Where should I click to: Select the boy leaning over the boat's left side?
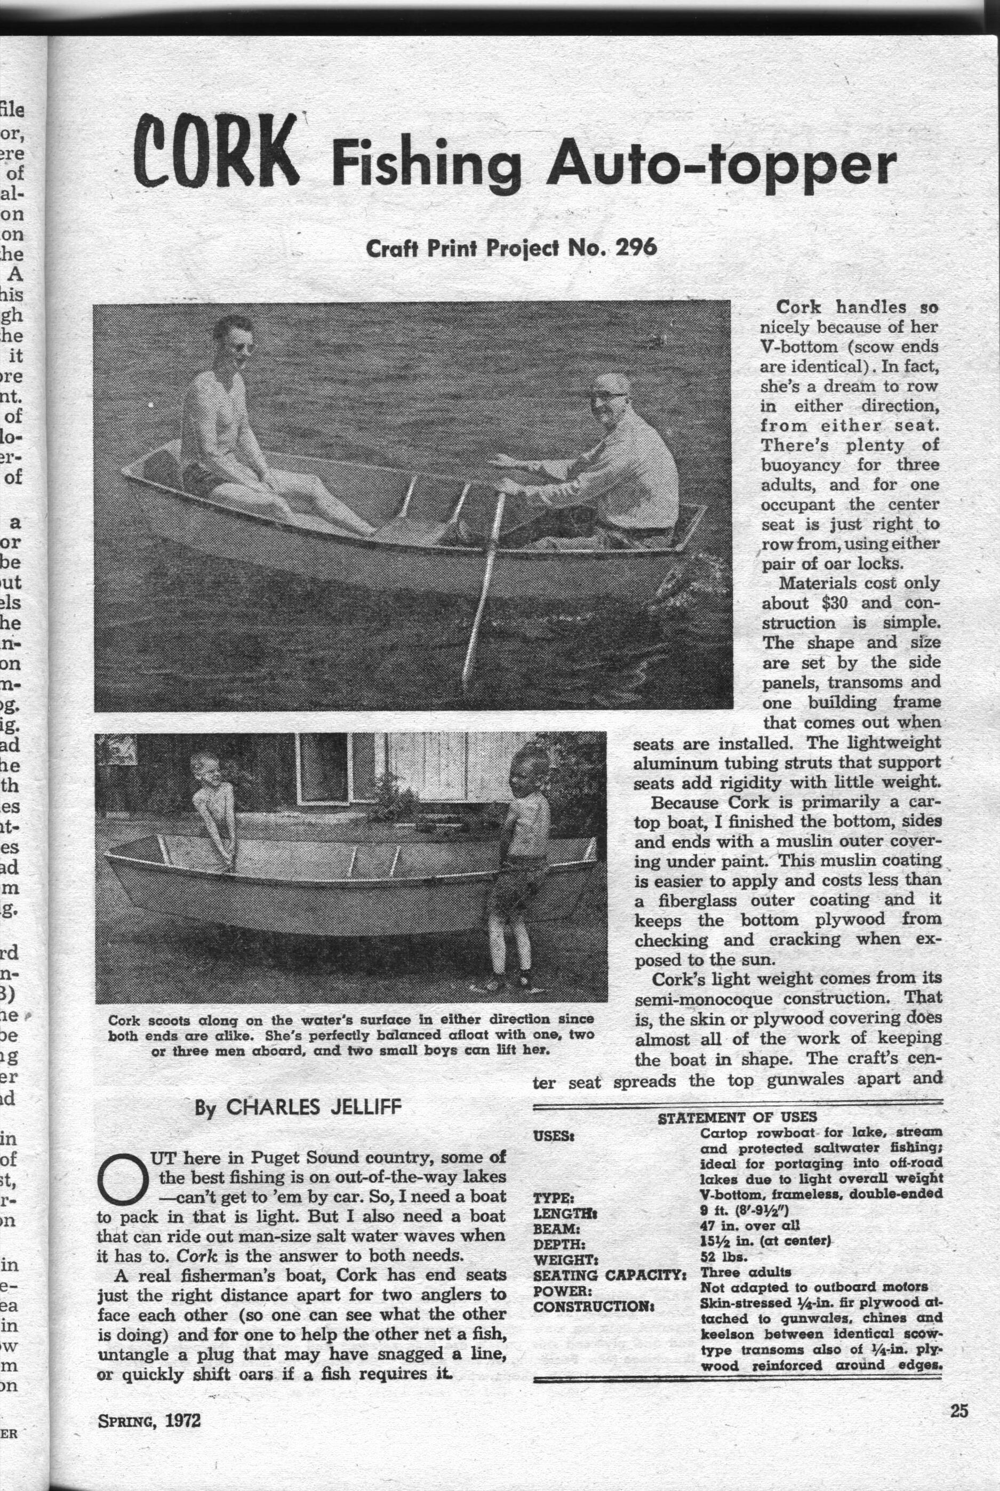pos(214,810)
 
